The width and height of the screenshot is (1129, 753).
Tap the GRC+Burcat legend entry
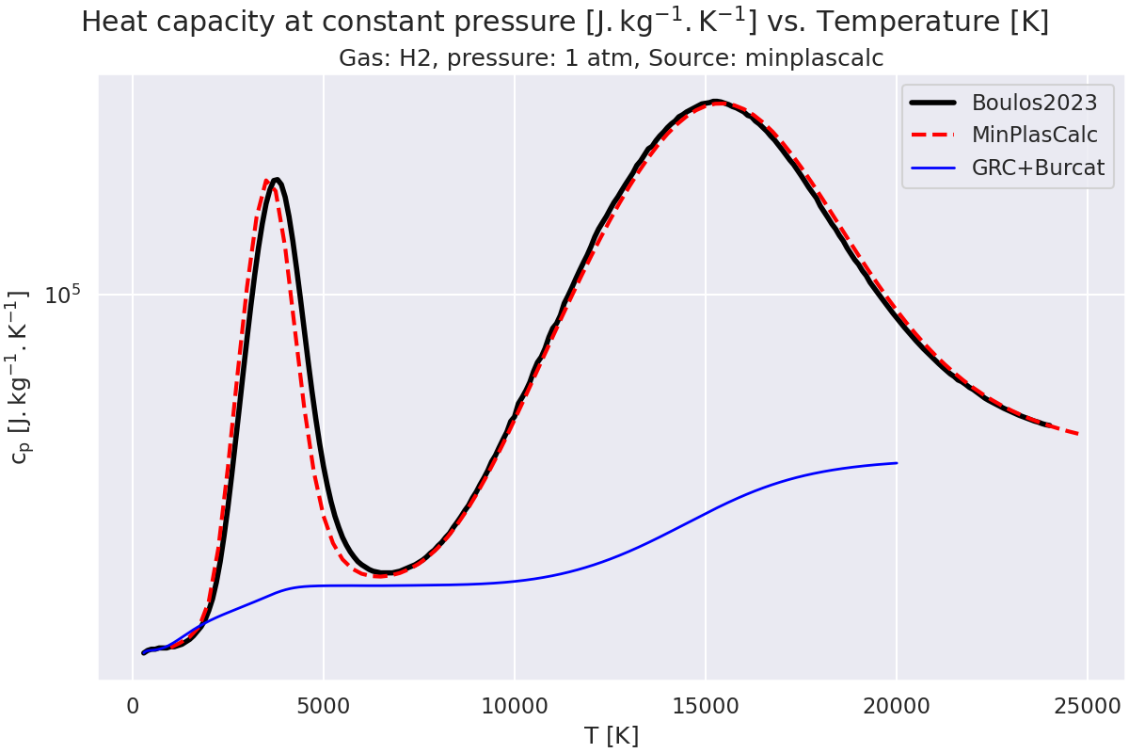(x=1038, y=168)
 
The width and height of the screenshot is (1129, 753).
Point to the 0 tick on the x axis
(x=133, y=705)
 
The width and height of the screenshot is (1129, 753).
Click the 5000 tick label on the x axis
(x=324, y=705)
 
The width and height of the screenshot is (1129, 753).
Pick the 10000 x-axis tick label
(x=515, y=705)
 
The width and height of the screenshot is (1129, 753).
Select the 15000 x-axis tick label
(x=706, y=705)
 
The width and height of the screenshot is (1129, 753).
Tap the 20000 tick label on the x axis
(x=897, y=705)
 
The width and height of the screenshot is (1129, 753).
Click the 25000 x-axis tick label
(x=1088, y=705)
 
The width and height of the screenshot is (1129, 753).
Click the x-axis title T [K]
(x=611, y=735)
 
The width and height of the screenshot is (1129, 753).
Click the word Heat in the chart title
(x=110, y=22)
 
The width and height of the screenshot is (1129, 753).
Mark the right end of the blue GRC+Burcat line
(x=897, y=463)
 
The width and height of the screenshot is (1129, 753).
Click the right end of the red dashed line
(x=1078, y=434)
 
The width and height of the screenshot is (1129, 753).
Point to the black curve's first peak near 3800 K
(x=276, y=182)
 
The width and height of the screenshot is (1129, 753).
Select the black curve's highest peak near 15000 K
(x=715, y=101)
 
